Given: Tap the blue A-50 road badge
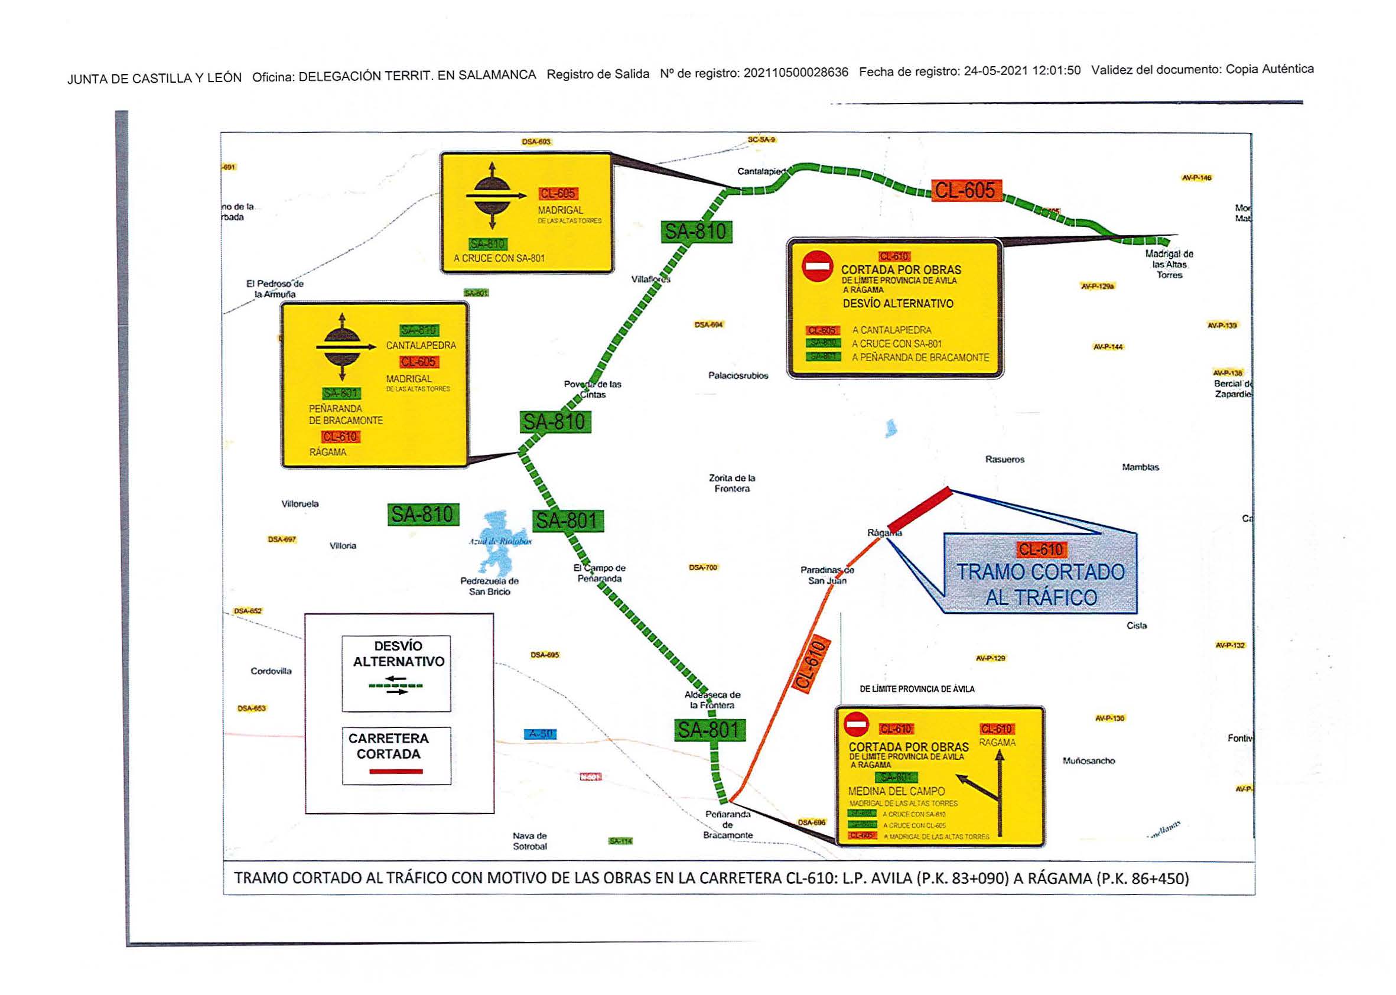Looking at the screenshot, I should (x=541, y=733).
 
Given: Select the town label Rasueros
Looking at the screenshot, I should (x=1004, y=459).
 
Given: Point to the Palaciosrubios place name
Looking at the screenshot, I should (x=737, y=376).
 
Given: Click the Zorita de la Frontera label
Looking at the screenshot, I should (x=732, y=483).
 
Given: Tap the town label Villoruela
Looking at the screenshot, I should (x=300, y=503).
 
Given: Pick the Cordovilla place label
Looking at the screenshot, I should (x=271, y=671).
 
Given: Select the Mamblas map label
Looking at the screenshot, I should (x=1140, y=467).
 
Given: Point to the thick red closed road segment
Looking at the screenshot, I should (x=919, y=509).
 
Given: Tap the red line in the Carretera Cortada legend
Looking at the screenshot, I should (x=396, y=772).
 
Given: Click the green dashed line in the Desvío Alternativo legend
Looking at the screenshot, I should (x=396, y=685).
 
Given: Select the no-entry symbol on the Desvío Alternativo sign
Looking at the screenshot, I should (x=817, y=266).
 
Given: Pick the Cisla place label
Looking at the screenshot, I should (x=1136, y=626).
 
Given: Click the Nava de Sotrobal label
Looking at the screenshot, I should (x=530, y=841).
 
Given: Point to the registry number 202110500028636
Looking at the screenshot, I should (x=796, y=72).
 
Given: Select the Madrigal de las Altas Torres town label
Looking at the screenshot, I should (x=1169, y=264).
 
